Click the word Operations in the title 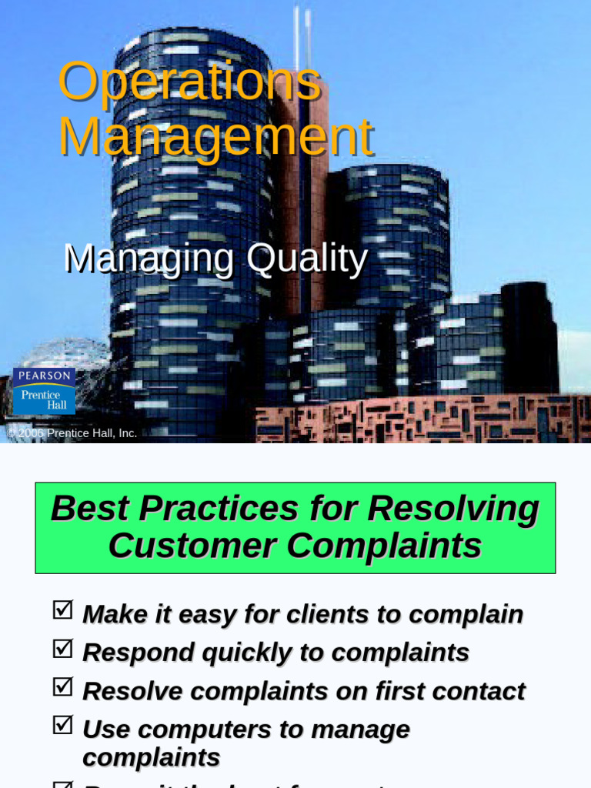[x=189, y=82]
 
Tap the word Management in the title [x=215, y=137]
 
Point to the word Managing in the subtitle [x=149, y=259]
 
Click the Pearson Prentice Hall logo [x=44, y=390]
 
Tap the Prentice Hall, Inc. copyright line [x=72, y=433]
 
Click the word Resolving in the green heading [x=453, y=509]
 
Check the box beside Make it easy [x=62, y=610]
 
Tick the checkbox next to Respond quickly [x=62, y=649]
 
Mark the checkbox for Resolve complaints [x=62, y=686]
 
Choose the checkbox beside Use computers [x=62, y=725]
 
